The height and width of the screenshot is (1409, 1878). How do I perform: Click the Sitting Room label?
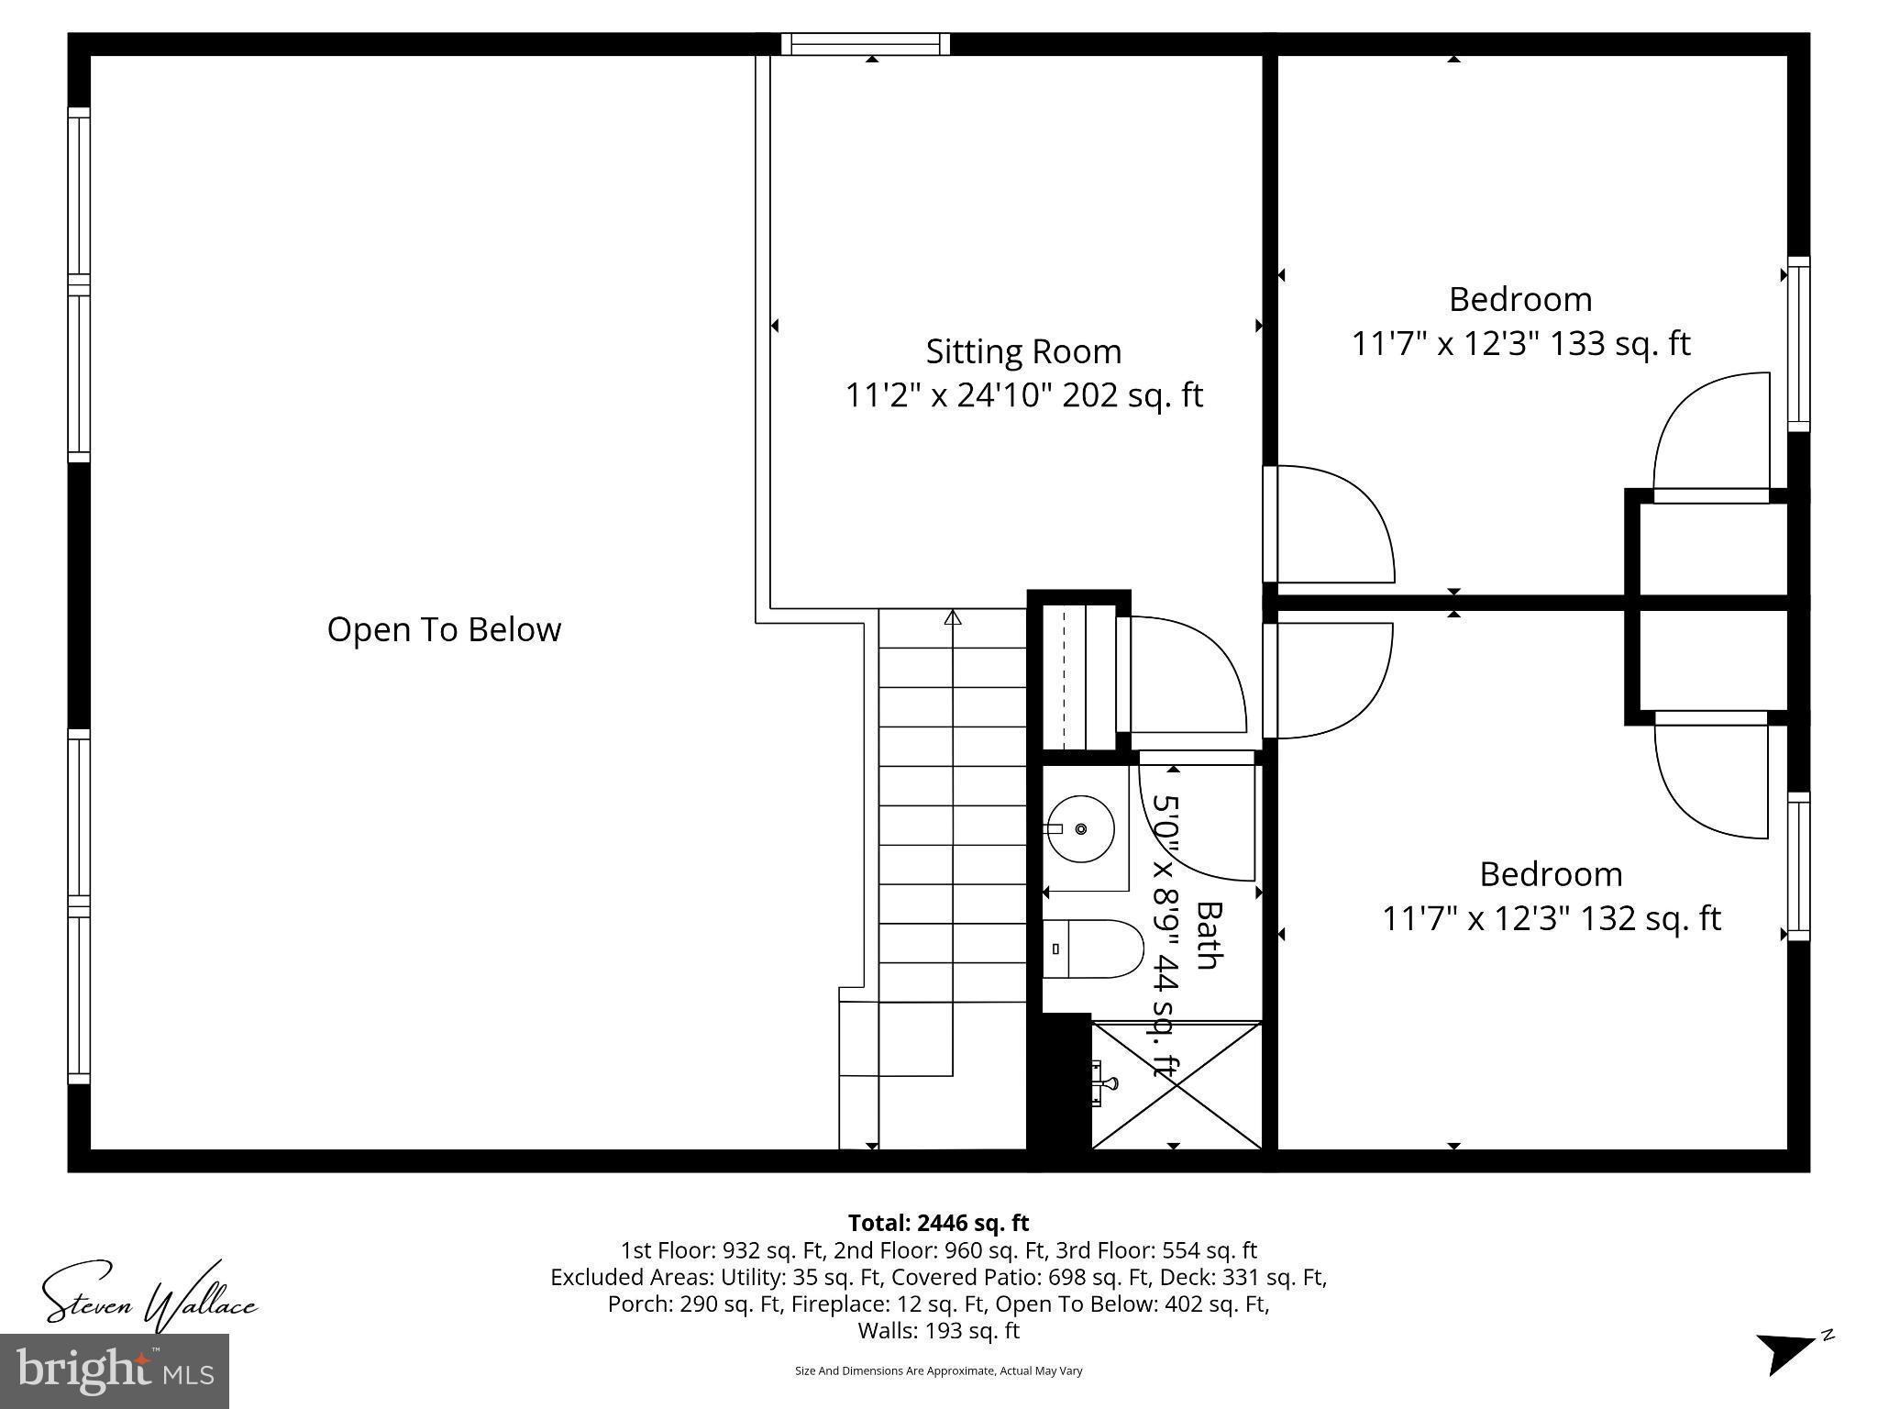1023,352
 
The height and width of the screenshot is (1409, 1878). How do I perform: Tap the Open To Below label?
444,630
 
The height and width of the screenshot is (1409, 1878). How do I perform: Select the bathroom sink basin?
1081,829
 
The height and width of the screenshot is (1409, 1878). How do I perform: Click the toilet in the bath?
1093,949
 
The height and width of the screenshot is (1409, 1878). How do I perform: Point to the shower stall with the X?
1177,1085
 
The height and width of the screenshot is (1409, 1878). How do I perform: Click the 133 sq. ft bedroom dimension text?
1520,344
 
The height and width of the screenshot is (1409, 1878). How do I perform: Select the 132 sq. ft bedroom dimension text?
1551,918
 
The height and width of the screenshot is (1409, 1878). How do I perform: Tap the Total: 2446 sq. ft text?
938,1223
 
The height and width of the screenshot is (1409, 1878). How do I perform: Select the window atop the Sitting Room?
866,44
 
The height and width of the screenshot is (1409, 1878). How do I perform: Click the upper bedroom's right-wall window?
1799,344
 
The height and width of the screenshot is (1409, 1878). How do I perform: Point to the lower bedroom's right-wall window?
1799,867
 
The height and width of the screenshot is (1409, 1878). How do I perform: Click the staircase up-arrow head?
953,618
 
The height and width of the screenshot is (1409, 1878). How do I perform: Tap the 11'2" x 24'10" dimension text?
1023,396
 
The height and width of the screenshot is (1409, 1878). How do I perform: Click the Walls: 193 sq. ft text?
938,1330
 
